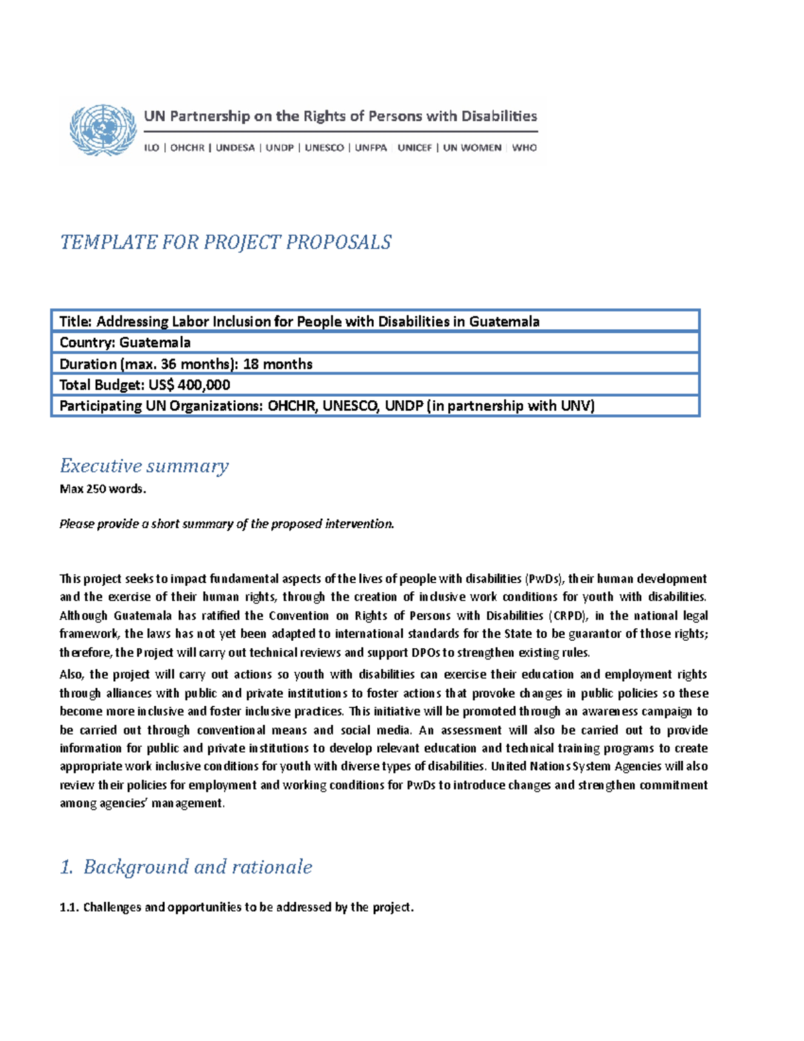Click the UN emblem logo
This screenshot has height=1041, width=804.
(x=102, y=130)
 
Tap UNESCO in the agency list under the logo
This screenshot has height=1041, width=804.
(x=324, y=148)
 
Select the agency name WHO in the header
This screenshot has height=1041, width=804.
(x=524, y=148)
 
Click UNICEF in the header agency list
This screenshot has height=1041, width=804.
(x=415, y=148)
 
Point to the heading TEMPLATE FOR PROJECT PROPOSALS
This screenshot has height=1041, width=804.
(x=226, y=242)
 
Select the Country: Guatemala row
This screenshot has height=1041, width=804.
(x=125, y=343)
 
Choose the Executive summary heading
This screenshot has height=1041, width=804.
(x=144, y=466)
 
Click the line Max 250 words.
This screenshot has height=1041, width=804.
(x=103, y=489)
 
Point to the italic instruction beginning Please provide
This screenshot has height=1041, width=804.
(x=226, y=524)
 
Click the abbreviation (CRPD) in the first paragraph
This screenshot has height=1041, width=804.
(x=568, y=616)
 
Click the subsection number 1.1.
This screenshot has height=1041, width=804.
(x=69, y=908)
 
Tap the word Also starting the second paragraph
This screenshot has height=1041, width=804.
(x=71, y=675)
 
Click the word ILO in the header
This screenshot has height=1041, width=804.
(x=151, y=148)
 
